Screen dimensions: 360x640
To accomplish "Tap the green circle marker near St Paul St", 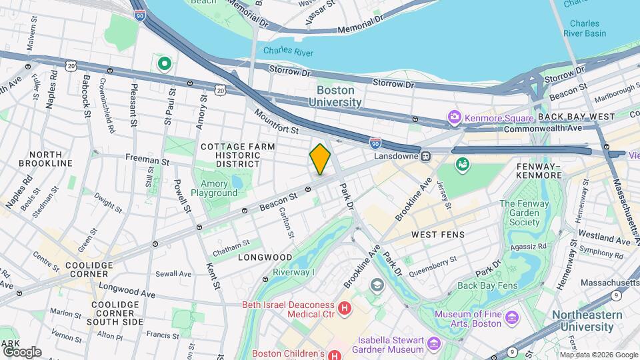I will [x=165, y=64].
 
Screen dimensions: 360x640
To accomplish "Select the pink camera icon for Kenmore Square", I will [x=455, y=118].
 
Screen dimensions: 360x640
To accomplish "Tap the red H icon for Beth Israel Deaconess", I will [x=345, y=308].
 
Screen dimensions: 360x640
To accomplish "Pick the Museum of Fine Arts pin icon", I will [x=511, y=315].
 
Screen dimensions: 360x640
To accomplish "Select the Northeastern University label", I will [x=587, y=321].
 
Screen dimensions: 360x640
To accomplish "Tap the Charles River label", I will [x=287, y=50].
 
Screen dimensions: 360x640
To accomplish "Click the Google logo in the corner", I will [x=22, y=351].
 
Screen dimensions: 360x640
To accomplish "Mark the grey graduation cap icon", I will [x=378, y=286].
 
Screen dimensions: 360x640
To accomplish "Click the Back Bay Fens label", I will [x=487, y=286].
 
